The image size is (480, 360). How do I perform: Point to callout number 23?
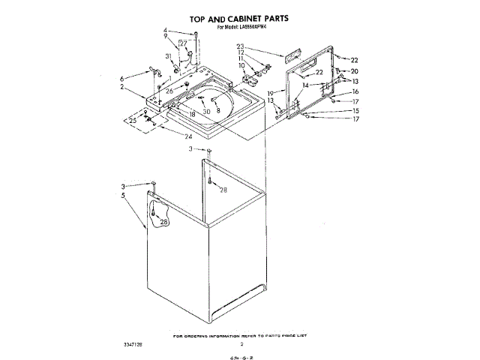(241, 47)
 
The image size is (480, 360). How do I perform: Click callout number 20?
(355, 71)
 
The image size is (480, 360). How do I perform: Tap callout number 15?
(357, 110)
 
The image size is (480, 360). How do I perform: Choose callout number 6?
(121, 78)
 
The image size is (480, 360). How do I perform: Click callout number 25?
(133, 120)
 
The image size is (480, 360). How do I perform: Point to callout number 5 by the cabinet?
(121, 196)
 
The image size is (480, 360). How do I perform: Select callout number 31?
(169, 57)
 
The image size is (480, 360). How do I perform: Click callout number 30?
(206, 111)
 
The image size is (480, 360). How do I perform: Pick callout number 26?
(169, 91)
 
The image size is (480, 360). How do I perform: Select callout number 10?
(241, 66)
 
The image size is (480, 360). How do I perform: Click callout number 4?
(166, 30)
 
